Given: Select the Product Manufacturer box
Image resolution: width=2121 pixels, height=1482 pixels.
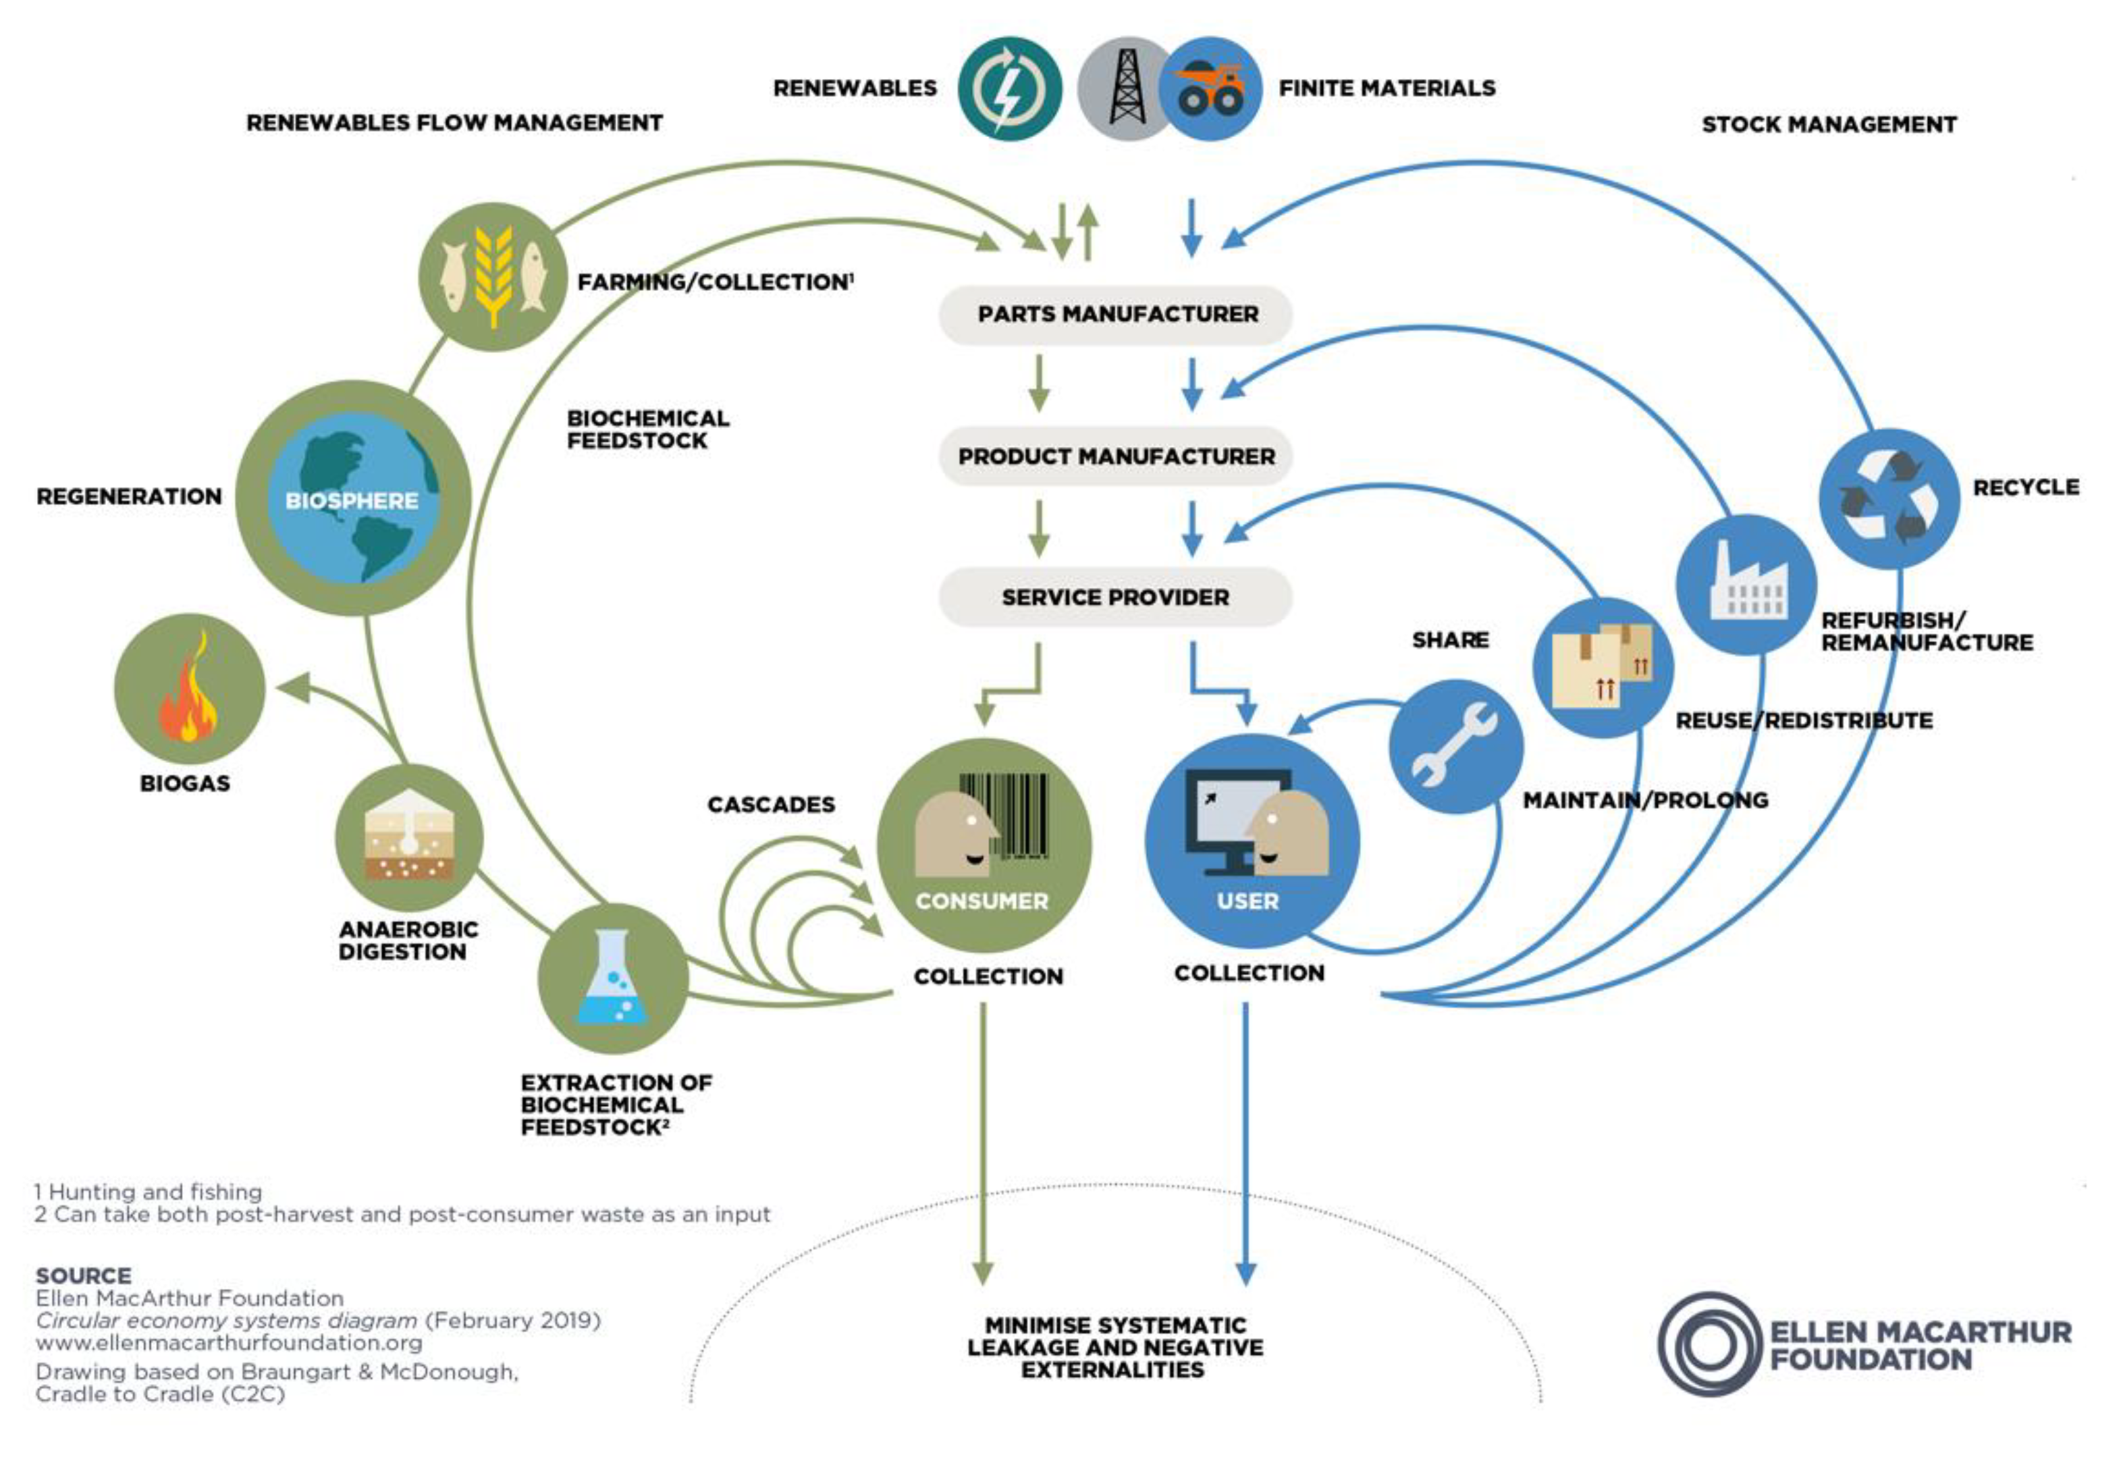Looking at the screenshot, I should (x=1115, y=456).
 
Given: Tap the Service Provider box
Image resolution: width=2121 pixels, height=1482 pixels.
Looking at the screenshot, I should (x=1115, y=598).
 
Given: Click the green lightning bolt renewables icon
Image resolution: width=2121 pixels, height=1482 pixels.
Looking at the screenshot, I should (x=1009, y=88).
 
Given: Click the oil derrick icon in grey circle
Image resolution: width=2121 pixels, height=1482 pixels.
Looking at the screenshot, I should (x=1125, y=88).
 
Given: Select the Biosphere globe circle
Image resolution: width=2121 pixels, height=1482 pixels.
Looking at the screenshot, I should (x=353, y=498).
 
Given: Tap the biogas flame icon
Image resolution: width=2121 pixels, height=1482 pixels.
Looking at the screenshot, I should (x=190, y=688).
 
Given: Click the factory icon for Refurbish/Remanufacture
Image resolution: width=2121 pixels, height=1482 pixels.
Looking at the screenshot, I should (x=1746, y=584).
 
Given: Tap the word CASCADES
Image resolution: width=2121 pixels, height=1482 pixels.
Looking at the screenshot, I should (x=770, y=805).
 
